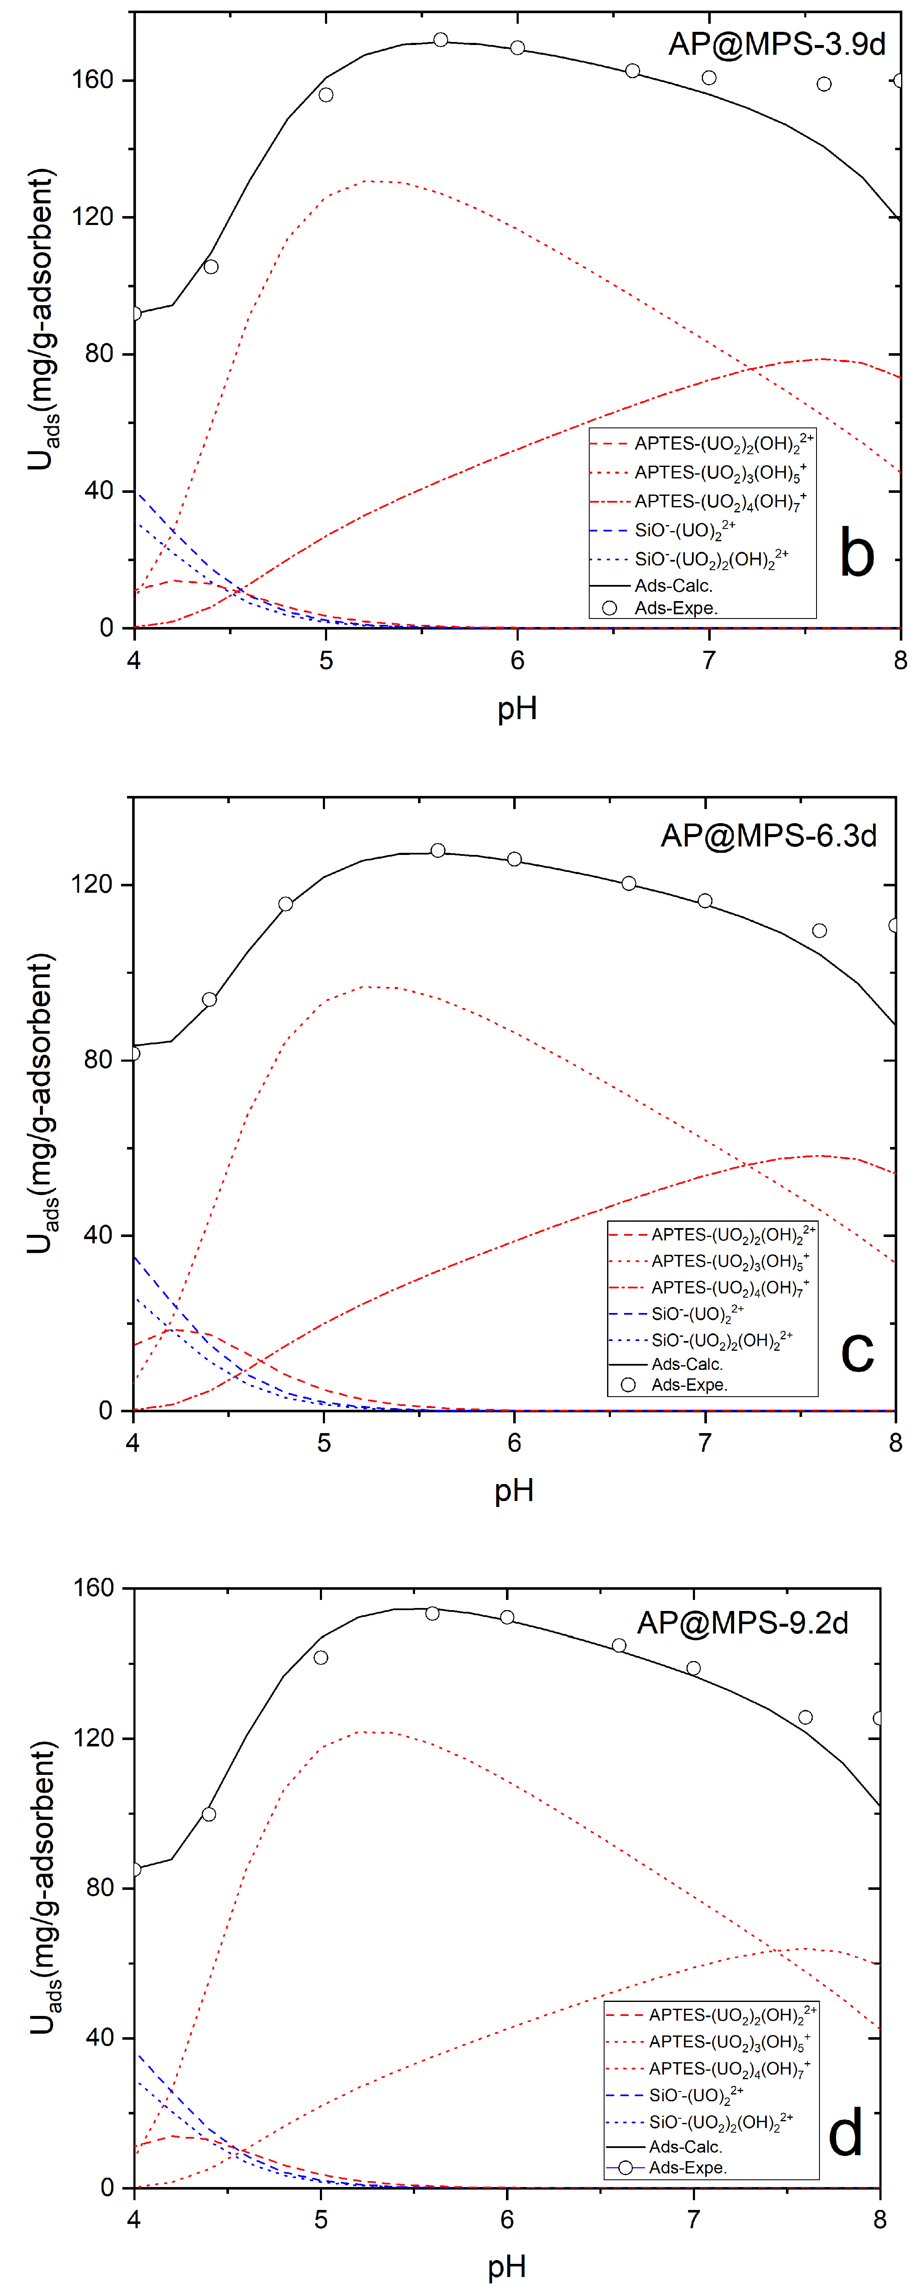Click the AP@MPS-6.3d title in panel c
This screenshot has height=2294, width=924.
(x=768, y=835)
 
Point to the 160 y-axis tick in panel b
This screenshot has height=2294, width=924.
(x=93, y=80)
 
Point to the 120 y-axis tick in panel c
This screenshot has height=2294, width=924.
(x=93, y=884)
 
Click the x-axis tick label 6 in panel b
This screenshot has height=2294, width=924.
(x=517, y=660)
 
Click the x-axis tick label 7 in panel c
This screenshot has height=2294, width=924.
(x=704, y=1442)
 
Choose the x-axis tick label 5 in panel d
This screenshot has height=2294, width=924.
(x=321, y=2219)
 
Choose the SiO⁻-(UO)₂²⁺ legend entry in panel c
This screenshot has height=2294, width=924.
(x=697, y=1313)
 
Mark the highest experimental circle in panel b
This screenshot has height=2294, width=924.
(x=440, y=40)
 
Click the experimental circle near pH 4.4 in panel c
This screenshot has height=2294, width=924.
(x=209, y=999)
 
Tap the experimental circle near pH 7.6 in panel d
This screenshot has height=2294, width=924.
(x=805, y=1717)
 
